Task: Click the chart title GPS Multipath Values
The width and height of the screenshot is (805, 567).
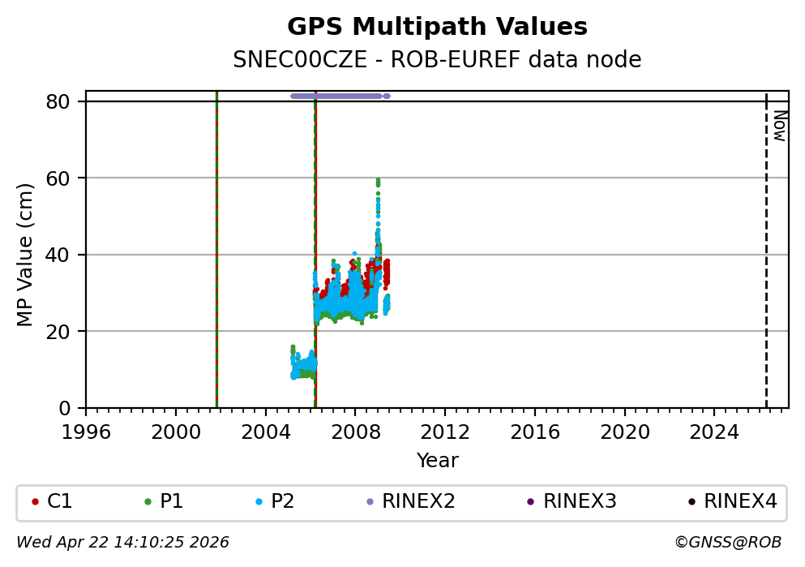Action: [437, 27]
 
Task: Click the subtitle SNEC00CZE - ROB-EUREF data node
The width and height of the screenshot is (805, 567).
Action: [437, 60]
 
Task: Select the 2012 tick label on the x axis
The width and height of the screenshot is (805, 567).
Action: [444, 431]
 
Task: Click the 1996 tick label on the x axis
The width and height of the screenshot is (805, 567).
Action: [86, 431]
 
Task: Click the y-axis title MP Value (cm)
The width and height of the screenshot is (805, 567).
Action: [26, 255]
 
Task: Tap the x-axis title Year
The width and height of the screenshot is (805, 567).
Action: [437, 462]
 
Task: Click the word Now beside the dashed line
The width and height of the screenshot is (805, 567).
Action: [779, 126]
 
